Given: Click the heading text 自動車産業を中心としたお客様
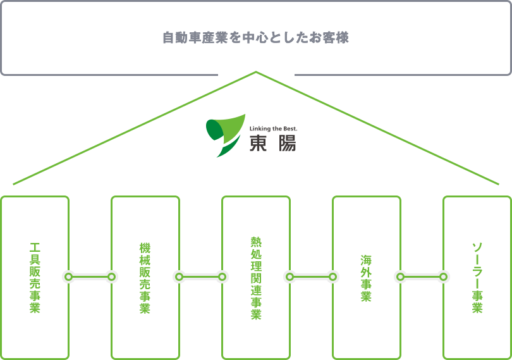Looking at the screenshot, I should click(x=255, y=38).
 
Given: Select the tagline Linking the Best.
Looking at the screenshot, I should click(x=273, y=128).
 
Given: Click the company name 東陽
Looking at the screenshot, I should click(x=272, y=144).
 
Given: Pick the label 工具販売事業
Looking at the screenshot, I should click(x=35, y=277).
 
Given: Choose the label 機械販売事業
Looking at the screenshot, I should click(x=145, y=277).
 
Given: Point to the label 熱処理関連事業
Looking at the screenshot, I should click(x=256, y=277).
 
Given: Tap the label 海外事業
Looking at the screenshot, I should click(x=367, y=277).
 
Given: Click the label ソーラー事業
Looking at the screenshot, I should click(x=477, y=277).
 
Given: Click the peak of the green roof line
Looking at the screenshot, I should click(x=256, y=72).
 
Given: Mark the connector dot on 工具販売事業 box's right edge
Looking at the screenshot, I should click(x=68, y=277).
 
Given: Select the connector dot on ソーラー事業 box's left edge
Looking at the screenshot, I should click(x=444, y=277).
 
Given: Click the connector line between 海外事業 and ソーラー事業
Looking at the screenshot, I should click(x=422, y=277).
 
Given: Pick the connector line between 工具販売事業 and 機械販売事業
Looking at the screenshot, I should click(x=90, y=277).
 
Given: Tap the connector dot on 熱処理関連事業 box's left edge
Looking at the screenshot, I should click(x=222, y=277).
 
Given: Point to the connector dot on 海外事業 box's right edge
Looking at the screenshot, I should click(x=399, y=277).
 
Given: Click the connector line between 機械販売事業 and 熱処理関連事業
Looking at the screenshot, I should click(x=200, y=277).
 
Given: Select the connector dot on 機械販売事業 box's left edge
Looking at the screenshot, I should click(x=112, y=277).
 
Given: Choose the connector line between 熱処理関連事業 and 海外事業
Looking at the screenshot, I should click(x=311, y=277).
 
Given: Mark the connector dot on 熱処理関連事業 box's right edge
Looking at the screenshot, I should click(x=290, y=277).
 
